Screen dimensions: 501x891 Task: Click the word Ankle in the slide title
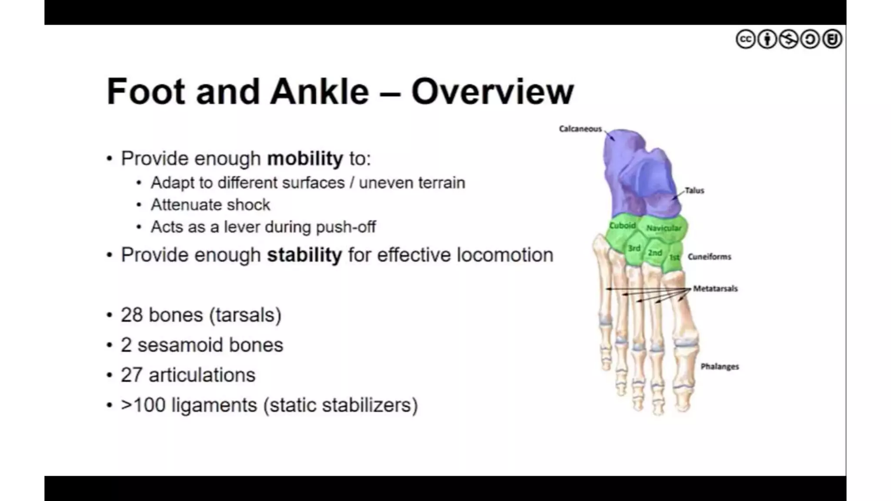click(x=319, y=92)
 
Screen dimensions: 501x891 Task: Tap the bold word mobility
click(x=305, y=159)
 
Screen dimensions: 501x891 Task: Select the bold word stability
click(x=304, y=255)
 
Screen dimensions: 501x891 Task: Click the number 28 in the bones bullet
click(x=131, y=315)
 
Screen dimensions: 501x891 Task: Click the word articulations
click(x=202, y=375)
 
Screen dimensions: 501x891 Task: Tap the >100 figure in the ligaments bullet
click(x=143, y=405)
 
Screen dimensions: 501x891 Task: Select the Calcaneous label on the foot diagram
click(x=580, y=129)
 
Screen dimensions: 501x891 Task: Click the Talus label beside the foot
click(x=694, y=190)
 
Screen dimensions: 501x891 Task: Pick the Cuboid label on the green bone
click(x=622, y=225)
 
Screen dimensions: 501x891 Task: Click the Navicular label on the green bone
click(x=663, y=228)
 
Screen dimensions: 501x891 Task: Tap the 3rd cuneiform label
click(x=634, y=248)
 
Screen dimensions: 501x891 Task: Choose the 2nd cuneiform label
click(x=655, y=253)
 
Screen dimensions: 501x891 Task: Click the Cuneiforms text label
click(x=709, y=257)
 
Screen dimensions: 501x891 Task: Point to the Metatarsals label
click(x=715, y=288)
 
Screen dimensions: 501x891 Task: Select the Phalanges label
click(x=720, y=367)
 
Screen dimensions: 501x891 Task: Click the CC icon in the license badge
click(x=746, y=39)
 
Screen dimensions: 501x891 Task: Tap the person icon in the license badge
click(x=767, y=39)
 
